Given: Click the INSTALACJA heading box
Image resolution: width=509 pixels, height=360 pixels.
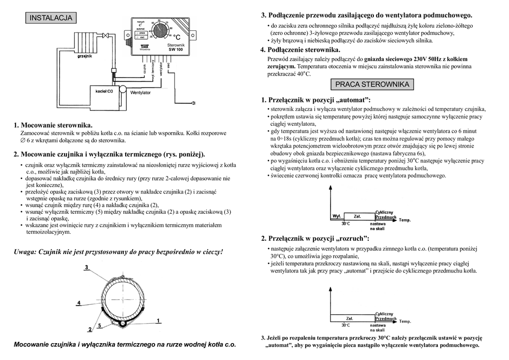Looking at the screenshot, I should (x=51, y=18).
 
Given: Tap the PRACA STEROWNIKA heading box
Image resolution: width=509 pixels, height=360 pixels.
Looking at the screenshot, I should (x=372, y=84).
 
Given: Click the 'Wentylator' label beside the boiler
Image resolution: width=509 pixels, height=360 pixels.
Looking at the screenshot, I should (x=140, y=92).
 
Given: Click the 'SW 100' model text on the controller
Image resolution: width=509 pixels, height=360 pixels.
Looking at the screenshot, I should (x=175, y=49).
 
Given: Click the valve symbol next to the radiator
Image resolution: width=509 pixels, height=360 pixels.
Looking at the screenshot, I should (x=113, y=71).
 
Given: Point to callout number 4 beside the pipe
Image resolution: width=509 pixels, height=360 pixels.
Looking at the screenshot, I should (x=79, y=302).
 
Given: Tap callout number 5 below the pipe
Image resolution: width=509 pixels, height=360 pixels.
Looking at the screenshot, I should (x=99, y=325).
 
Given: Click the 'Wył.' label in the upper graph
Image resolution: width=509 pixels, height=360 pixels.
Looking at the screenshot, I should (x=336, y=216).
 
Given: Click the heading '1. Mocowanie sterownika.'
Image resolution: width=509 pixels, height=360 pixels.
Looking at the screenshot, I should (x=53, y=125).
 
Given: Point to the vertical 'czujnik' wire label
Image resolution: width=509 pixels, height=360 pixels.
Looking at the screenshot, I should (x=145, y=70).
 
